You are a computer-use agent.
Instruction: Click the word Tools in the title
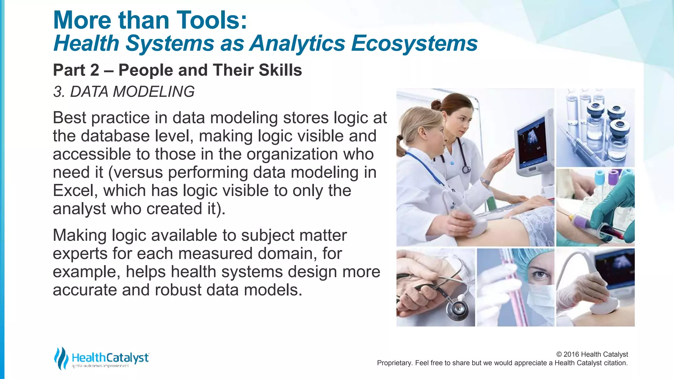(208, 20)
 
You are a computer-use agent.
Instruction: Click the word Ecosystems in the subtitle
(414, 43)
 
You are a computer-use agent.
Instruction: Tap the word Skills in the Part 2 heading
(280, 70)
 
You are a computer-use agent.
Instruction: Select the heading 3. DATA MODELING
(124, 91)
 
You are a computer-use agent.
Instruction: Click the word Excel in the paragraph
(75, 190)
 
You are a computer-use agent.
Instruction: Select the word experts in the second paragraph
(80, 254)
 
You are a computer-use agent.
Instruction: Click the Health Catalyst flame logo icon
(61, 358)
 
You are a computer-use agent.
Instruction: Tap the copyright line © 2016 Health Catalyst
(592, 354)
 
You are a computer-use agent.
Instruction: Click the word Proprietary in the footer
(394, 363)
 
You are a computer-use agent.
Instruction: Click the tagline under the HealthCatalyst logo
(100, 366)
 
